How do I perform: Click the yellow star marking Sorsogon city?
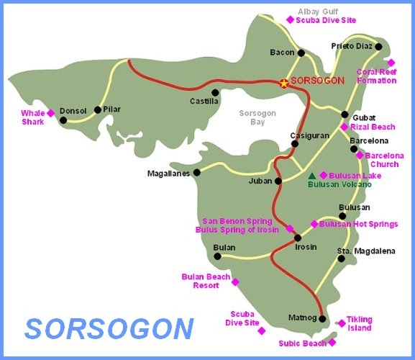point(284,83)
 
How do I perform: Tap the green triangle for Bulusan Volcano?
point(311,176)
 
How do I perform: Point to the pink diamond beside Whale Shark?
point(50,113)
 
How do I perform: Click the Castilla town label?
point(204,102)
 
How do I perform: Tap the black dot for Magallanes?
point(196,173)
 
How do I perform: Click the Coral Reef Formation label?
point(377,76)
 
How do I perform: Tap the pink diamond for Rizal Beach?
point(344,127)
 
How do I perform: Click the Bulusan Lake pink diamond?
point(324,175)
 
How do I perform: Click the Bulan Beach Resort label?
point(206,281)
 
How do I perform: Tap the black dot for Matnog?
point(322,319)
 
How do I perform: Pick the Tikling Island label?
point(358,323)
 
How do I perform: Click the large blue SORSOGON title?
point(109,328)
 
